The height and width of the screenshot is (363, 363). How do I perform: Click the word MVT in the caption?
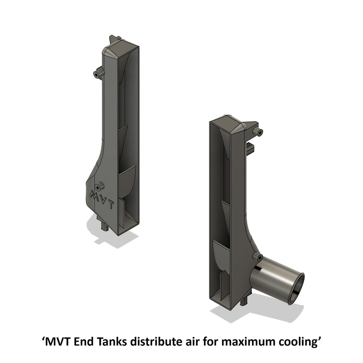coord(58,341)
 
